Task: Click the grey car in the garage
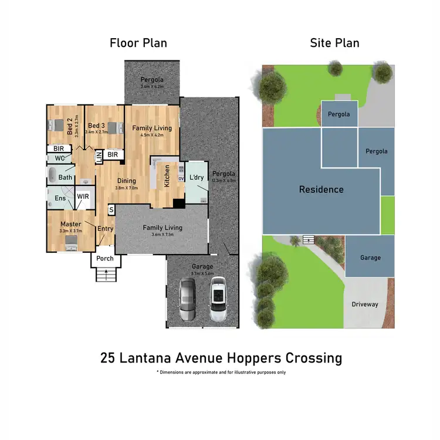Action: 188,299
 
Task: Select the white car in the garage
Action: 218,299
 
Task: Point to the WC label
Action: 59,158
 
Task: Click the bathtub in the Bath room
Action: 53,175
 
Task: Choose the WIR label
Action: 83,197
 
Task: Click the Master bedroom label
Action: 71,224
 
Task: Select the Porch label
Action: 104,259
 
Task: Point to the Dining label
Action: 126,181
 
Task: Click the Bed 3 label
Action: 96,126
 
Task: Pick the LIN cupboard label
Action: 99,156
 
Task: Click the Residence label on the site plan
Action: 321,189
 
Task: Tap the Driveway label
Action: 365,304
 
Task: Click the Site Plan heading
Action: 334,43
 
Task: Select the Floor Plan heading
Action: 138,43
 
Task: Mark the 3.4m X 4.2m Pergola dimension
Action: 152,87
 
